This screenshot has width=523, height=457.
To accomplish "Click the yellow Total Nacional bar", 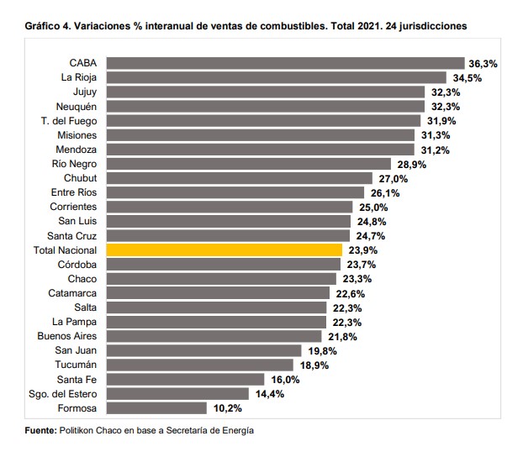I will [225, 250].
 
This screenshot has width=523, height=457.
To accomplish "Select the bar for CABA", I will [286, 63].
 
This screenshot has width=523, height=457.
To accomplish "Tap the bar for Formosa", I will [156, 408].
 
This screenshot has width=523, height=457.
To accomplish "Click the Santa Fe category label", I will [77, 380].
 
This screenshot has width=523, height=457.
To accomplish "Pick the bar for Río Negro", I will [250, 164].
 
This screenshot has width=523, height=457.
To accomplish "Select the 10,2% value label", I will [225, 408].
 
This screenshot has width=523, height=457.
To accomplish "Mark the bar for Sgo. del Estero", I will [178, 394].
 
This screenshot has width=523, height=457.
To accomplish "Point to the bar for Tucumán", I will [200, 365].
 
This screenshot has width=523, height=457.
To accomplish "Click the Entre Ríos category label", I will [74, 192].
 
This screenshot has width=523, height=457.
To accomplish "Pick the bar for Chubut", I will [240, 178].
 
